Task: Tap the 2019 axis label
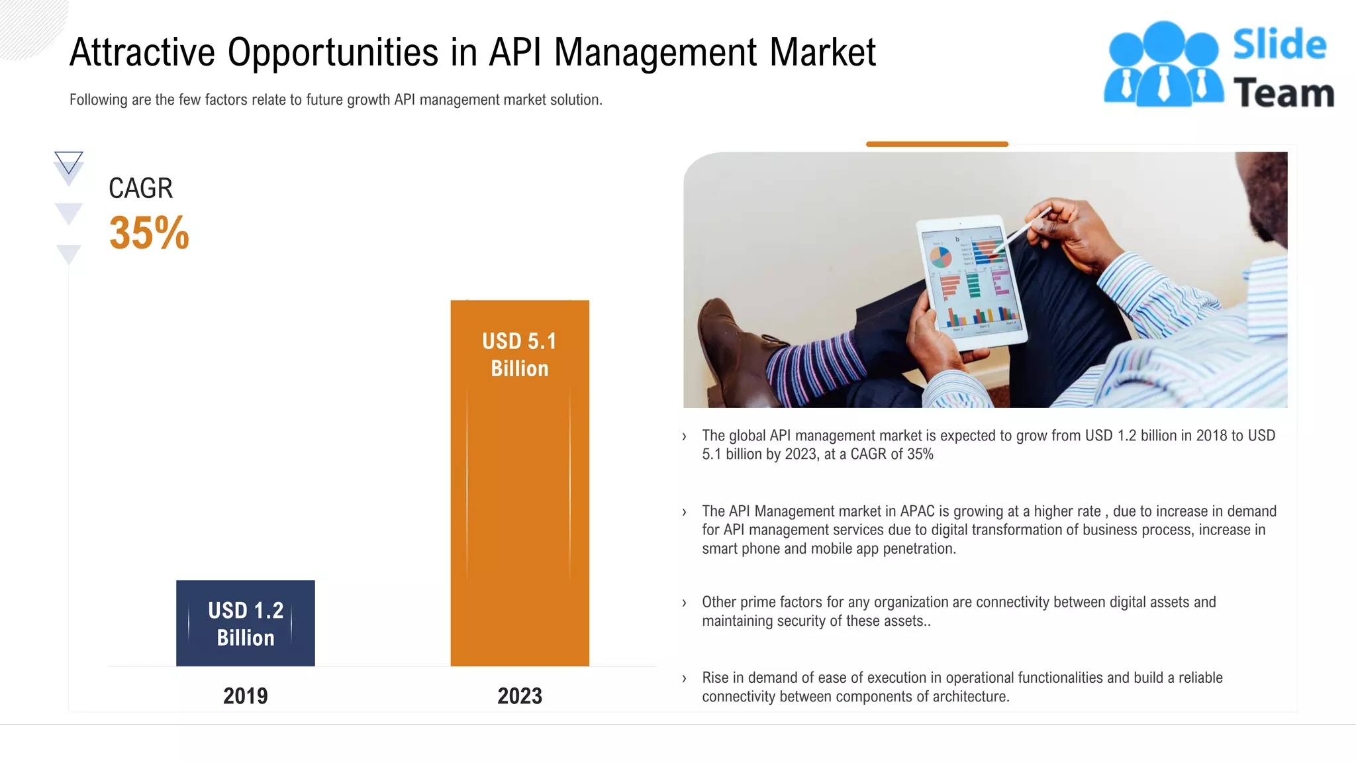(x=245, y=695)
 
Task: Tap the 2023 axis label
(x=520, y=695)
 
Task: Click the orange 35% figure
(x=149, y=233)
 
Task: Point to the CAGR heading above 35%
(x=140, y=188)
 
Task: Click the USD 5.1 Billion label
(x=520, y=354)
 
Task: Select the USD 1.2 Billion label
(x=245, y=624)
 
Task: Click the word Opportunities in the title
(x=333, y=53)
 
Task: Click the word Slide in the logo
(x=1279, y=45)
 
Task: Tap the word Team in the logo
(x=1283, y=93)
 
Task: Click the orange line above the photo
(x=937, y=144)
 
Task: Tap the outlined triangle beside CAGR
(x=68, y=162)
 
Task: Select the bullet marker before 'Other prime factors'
(x=684, y=603)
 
